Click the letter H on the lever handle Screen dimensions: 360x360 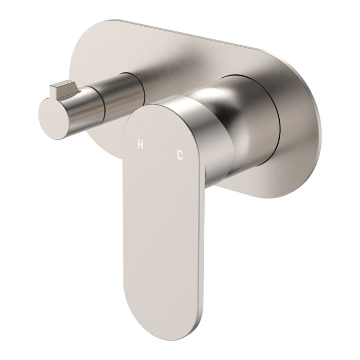click(x=140, y=145)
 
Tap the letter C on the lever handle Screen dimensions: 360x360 click(x=179, y=155)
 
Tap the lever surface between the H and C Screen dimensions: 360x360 click(x=159, y=150)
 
